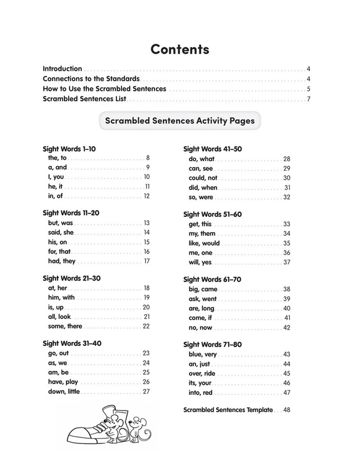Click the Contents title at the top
(x=179, y=49)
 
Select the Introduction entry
(x=62, y=69)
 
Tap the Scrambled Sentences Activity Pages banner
(x=179, y=120)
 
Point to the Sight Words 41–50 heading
(x=212, y=149)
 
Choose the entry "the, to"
(x=57, y=158)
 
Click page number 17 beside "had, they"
(x=147, y=261)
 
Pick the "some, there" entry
(x=65, y=326)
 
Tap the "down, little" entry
(x=64, y=392)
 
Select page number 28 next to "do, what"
(x=286, y=159)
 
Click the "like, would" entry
(x=204, y=243)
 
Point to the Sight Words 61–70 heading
(x=212, y=279)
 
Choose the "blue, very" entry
(x=203, y=354)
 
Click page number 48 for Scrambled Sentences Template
(x=287, y=410)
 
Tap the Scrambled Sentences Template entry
(x=228, y=410)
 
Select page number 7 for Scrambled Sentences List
(x=308, y=99)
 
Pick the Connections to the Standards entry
(x=91, y=79)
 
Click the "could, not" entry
(x=203, y=178)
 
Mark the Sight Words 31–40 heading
(x=72, y=344)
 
